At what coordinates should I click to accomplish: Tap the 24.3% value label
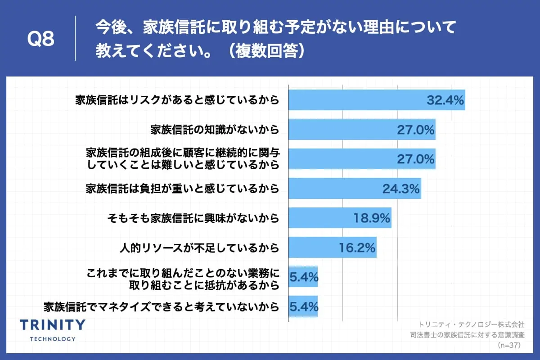click(x=401, y=189)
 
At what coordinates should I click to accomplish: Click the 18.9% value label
click(x=371, y=219)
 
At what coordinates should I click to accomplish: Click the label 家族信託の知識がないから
click(x=215, y=130)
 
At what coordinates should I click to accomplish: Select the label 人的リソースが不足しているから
click(x=199, y=248)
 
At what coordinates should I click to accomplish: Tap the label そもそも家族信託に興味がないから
click(x=193, y=219)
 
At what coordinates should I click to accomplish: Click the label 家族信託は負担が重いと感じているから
click(x=182, y=189)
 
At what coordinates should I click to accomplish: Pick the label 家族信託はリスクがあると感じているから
click(x=177, y=100)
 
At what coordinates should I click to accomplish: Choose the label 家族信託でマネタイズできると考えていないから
click(x=161, y=307)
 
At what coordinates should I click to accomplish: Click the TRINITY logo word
click(x=53, y=325)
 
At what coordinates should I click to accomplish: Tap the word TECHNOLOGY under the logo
click(x=53, y=339)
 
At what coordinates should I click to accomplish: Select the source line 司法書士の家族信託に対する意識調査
click(x=468, y=335)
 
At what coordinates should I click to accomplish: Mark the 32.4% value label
click(x=445, y=100)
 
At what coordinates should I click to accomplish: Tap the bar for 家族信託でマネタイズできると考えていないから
click(x=303, y=307)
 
